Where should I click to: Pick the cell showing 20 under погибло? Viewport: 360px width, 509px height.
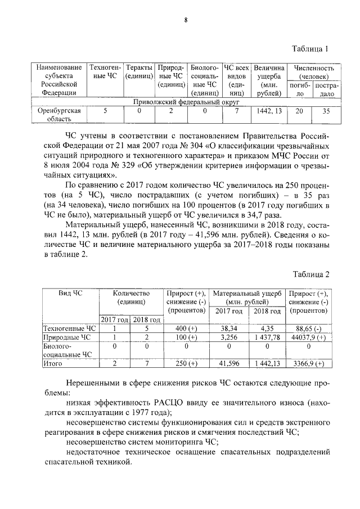click(x=299, y=111)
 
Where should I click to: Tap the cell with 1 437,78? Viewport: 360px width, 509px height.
click(x=267, y=337)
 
